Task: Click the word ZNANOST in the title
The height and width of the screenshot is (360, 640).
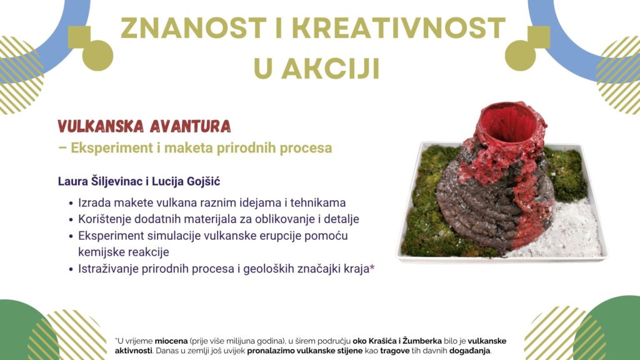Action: pos(194,28)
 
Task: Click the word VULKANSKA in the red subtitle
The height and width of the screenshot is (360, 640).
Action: pos(101,126)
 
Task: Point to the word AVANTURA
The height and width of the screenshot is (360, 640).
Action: pos(190,126)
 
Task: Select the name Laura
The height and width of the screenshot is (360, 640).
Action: pos(71,181)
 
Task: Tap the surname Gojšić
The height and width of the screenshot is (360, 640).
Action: pos(204,182)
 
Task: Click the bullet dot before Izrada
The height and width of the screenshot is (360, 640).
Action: pos(71,203)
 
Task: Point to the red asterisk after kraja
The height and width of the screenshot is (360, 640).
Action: pos(372,267)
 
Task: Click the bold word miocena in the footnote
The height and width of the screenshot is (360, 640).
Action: pos(171,341)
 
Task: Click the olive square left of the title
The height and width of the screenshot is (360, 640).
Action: pos(79,37)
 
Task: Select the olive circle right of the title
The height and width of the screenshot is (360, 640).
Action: pos(521,56)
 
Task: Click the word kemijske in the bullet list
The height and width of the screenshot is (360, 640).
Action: pos(101,252)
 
